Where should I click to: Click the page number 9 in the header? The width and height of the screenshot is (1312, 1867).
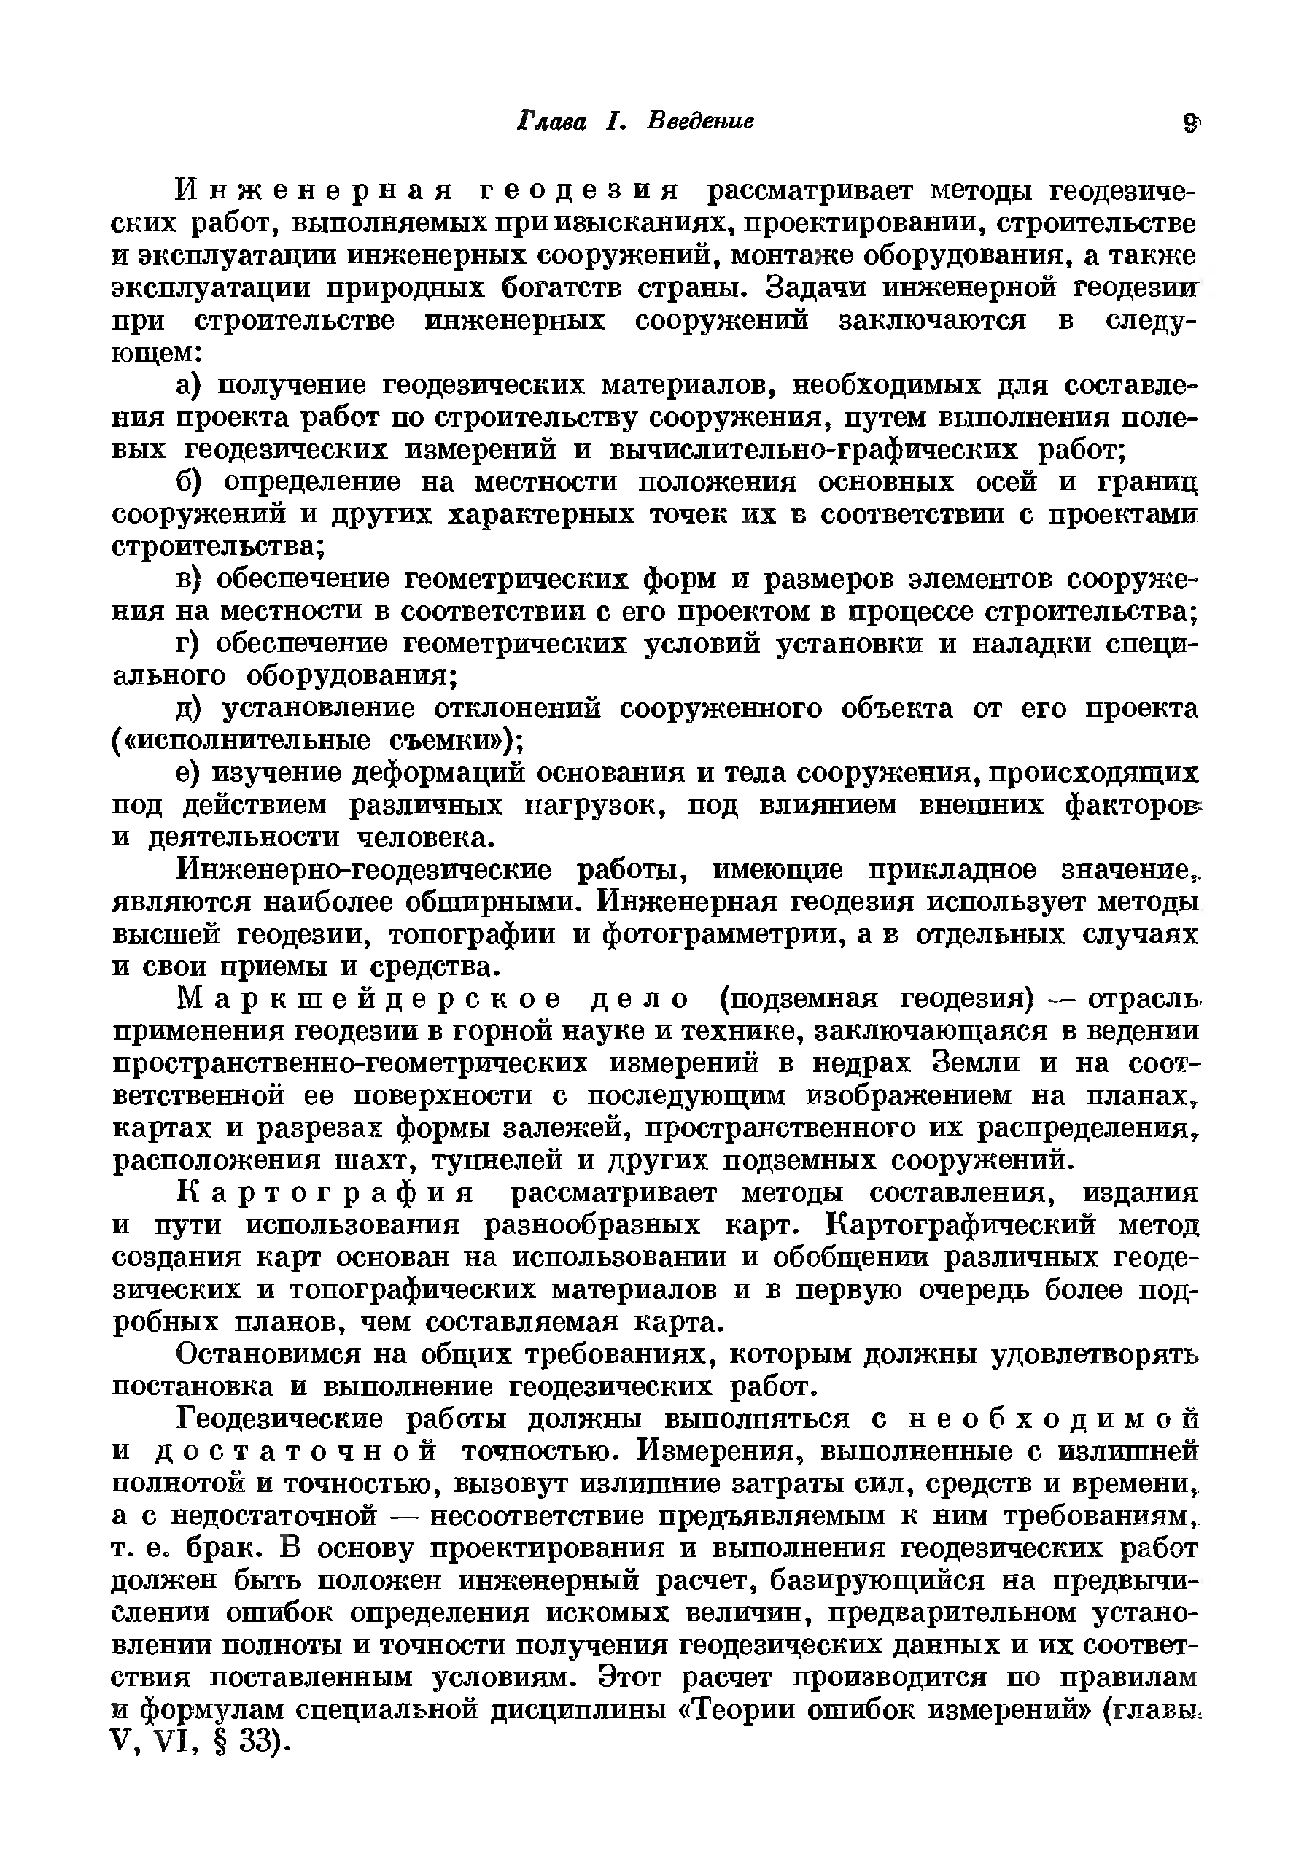(x=1191, y=123)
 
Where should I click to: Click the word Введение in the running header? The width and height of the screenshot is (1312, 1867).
(x=700, y=121)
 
